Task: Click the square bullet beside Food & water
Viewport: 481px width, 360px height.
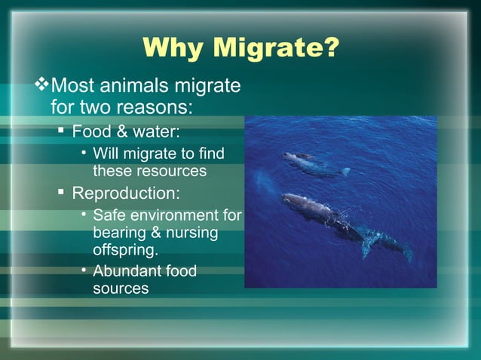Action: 62,132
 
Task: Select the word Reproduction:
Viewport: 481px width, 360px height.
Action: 126,193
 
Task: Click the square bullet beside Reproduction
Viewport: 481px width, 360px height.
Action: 62,193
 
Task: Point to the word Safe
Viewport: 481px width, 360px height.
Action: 109,216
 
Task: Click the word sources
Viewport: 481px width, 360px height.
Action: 121,288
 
